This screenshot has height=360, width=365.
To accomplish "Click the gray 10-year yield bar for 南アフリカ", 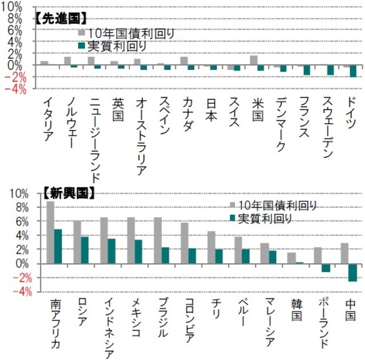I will [x=50, y=232].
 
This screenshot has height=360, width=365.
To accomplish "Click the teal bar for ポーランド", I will [x=326, y=268].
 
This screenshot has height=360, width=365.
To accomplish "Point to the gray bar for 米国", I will [x=253, y=60].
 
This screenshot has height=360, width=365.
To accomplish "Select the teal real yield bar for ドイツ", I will [x=353, y=71].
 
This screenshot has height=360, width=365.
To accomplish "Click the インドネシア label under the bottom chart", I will [x=110, y=325].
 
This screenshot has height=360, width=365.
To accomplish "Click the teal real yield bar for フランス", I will [x=307, y=70].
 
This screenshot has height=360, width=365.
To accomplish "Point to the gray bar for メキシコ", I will [x=131, y=240].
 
